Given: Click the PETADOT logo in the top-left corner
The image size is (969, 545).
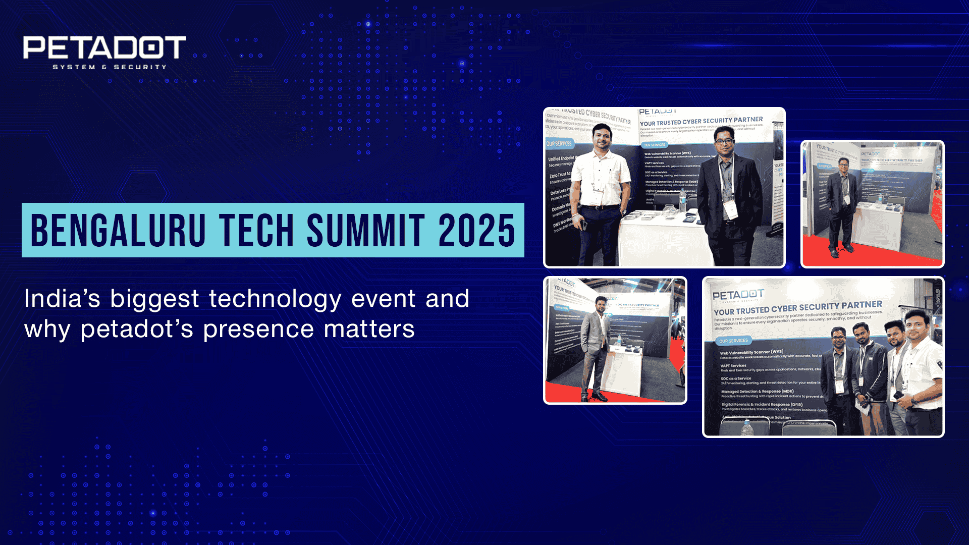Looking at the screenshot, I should [104, 48].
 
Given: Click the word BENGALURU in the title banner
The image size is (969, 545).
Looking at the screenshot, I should [118, 231].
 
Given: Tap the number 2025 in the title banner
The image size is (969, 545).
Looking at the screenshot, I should [476, 231].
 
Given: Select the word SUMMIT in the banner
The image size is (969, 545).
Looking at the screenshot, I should [366, 231].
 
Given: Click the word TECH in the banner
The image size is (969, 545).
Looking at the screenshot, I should [256, 231].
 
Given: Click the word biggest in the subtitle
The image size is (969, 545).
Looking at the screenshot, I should [154, 299].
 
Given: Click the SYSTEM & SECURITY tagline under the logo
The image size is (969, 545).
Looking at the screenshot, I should [110, 67].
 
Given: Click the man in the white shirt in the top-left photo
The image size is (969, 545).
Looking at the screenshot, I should [601, 192].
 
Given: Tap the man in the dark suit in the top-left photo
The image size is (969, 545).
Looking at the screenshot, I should [729, 197].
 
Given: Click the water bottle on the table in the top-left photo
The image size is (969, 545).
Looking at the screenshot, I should [682, 201].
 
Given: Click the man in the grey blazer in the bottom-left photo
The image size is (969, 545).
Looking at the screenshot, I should [596, 348].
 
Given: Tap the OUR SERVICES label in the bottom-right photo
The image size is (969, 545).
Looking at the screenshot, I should [733, 341].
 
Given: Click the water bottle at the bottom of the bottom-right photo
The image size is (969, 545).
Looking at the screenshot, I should [747, 428].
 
